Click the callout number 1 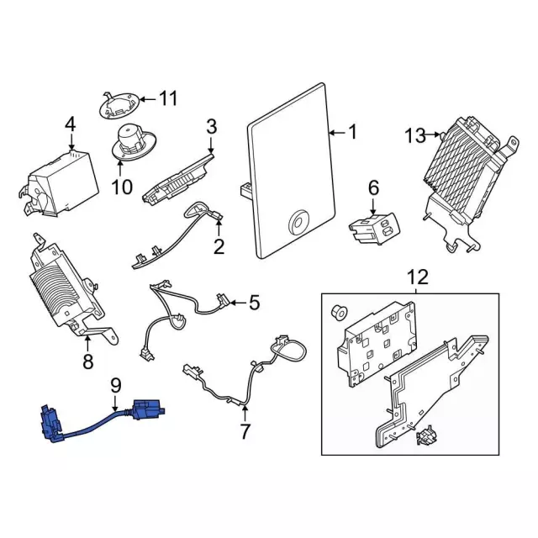click(x=352, y=132)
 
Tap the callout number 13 click(x=415, y=134)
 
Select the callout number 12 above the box click(x=417, y=276)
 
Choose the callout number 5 click(x=255, y=302)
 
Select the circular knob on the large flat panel click(x=297, y=222)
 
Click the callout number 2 click(x=219, y=247)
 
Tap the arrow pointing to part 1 click(x=334, y=133)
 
